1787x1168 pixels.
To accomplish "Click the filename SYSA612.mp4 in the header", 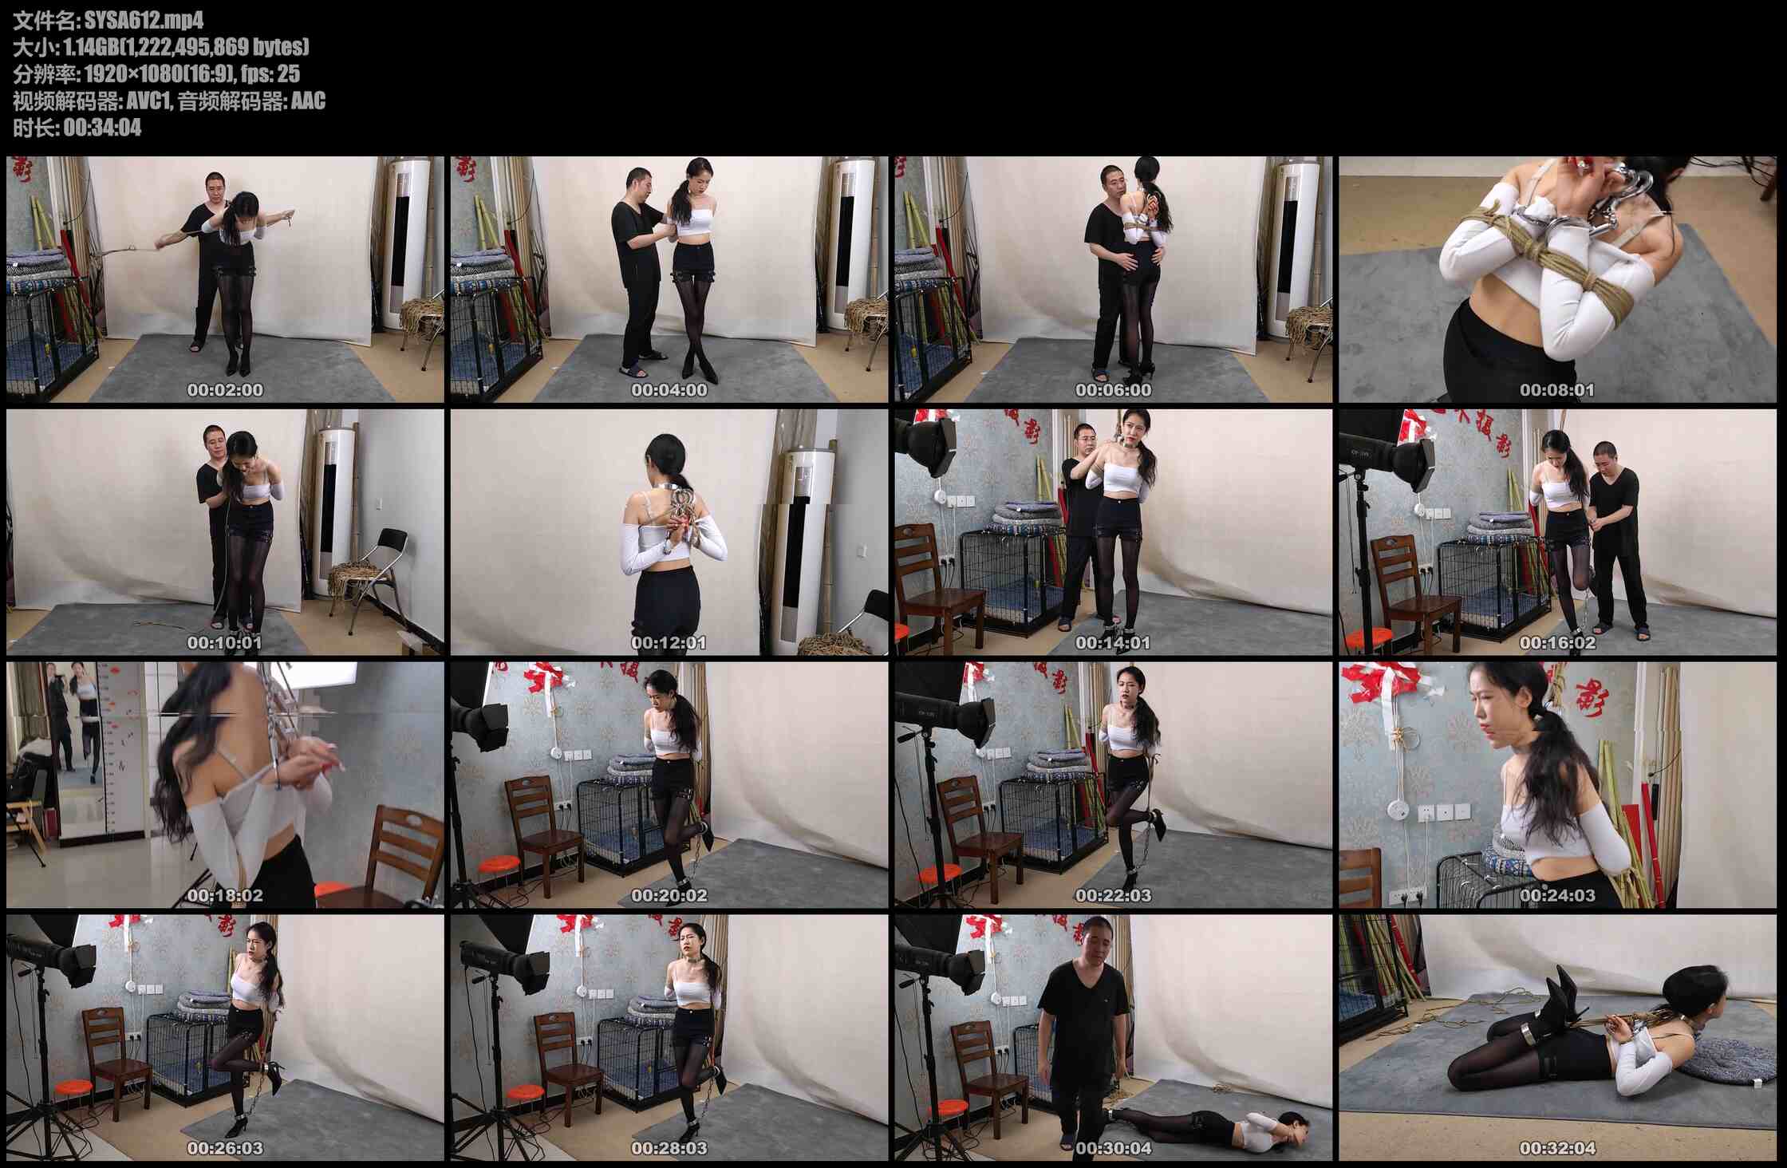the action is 144,19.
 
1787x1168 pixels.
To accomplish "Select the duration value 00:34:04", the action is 102,128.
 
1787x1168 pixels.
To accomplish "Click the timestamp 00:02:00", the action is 225,390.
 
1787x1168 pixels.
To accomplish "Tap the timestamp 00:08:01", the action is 1557,390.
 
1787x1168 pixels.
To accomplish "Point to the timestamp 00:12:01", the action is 669,642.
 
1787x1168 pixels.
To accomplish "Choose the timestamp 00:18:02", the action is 225,895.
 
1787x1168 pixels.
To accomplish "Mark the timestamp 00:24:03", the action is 1557,895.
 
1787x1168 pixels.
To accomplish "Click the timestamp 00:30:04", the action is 1113,1148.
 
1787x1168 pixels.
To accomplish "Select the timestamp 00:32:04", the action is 1557,1148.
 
